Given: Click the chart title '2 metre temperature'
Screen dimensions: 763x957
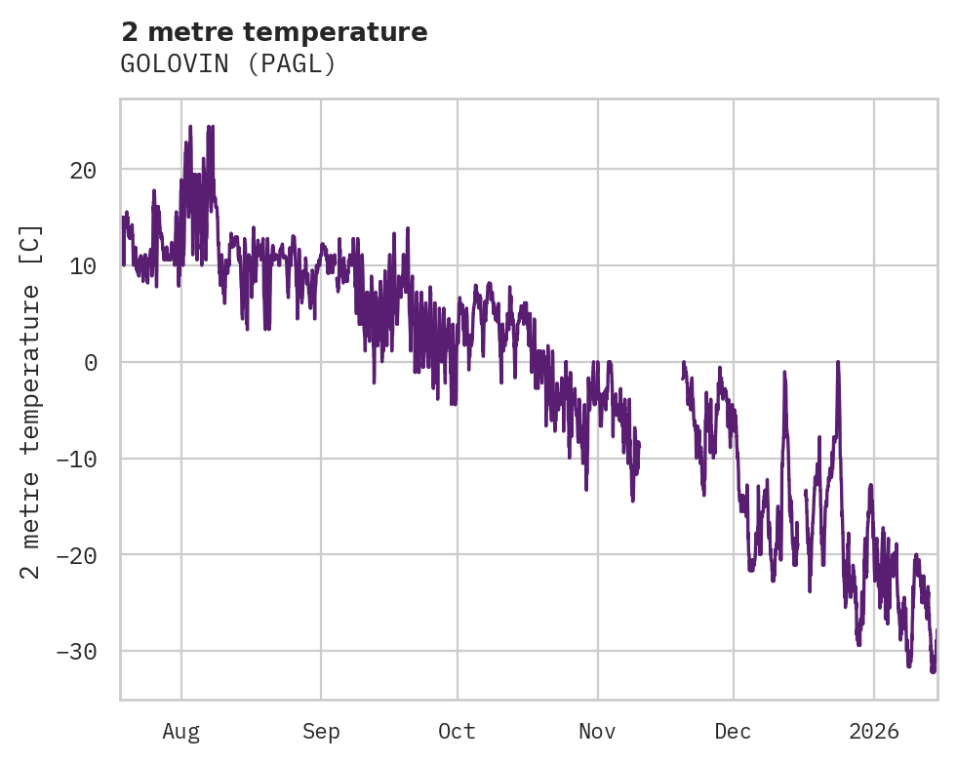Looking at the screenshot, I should click(x=274, y=32).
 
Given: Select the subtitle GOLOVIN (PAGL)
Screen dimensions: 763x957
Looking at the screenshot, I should click(x=228, y=64).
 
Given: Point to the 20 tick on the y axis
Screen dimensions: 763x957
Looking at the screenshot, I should click(x=83, y=170).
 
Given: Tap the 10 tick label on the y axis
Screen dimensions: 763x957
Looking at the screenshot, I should click(x=83, y=265).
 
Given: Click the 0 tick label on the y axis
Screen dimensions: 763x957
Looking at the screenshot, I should click(x=90, y=362).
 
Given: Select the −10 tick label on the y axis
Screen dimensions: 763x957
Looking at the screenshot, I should click(x=76, y=459).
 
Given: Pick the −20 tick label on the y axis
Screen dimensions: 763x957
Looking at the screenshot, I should click(x=76, y=555).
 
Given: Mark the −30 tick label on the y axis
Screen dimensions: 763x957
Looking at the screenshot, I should click(x=76, y=651).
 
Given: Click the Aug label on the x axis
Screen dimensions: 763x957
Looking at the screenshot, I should click(x=181, y=731).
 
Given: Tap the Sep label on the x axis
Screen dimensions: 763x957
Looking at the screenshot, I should click(x=321, y=731).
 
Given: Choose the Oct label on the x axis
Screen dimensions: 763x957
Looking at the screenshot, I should click(x=457, y=731).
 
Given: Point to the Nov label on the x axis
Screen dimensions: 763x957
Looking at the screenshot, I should click(x=597, y=731).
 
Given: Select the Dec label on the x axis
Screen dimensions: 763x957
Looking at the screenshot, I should click(x=733, y=731).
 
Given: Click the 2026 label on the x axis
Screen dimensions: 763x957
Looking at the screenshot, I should click(x=873, y=731).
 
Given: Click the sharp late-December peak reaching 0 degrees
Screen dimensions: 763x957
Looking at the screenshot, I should click(x=837, y=363).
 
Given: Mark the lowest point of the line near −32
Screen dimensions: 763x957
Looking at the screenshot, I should click(x=933, y=671).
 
